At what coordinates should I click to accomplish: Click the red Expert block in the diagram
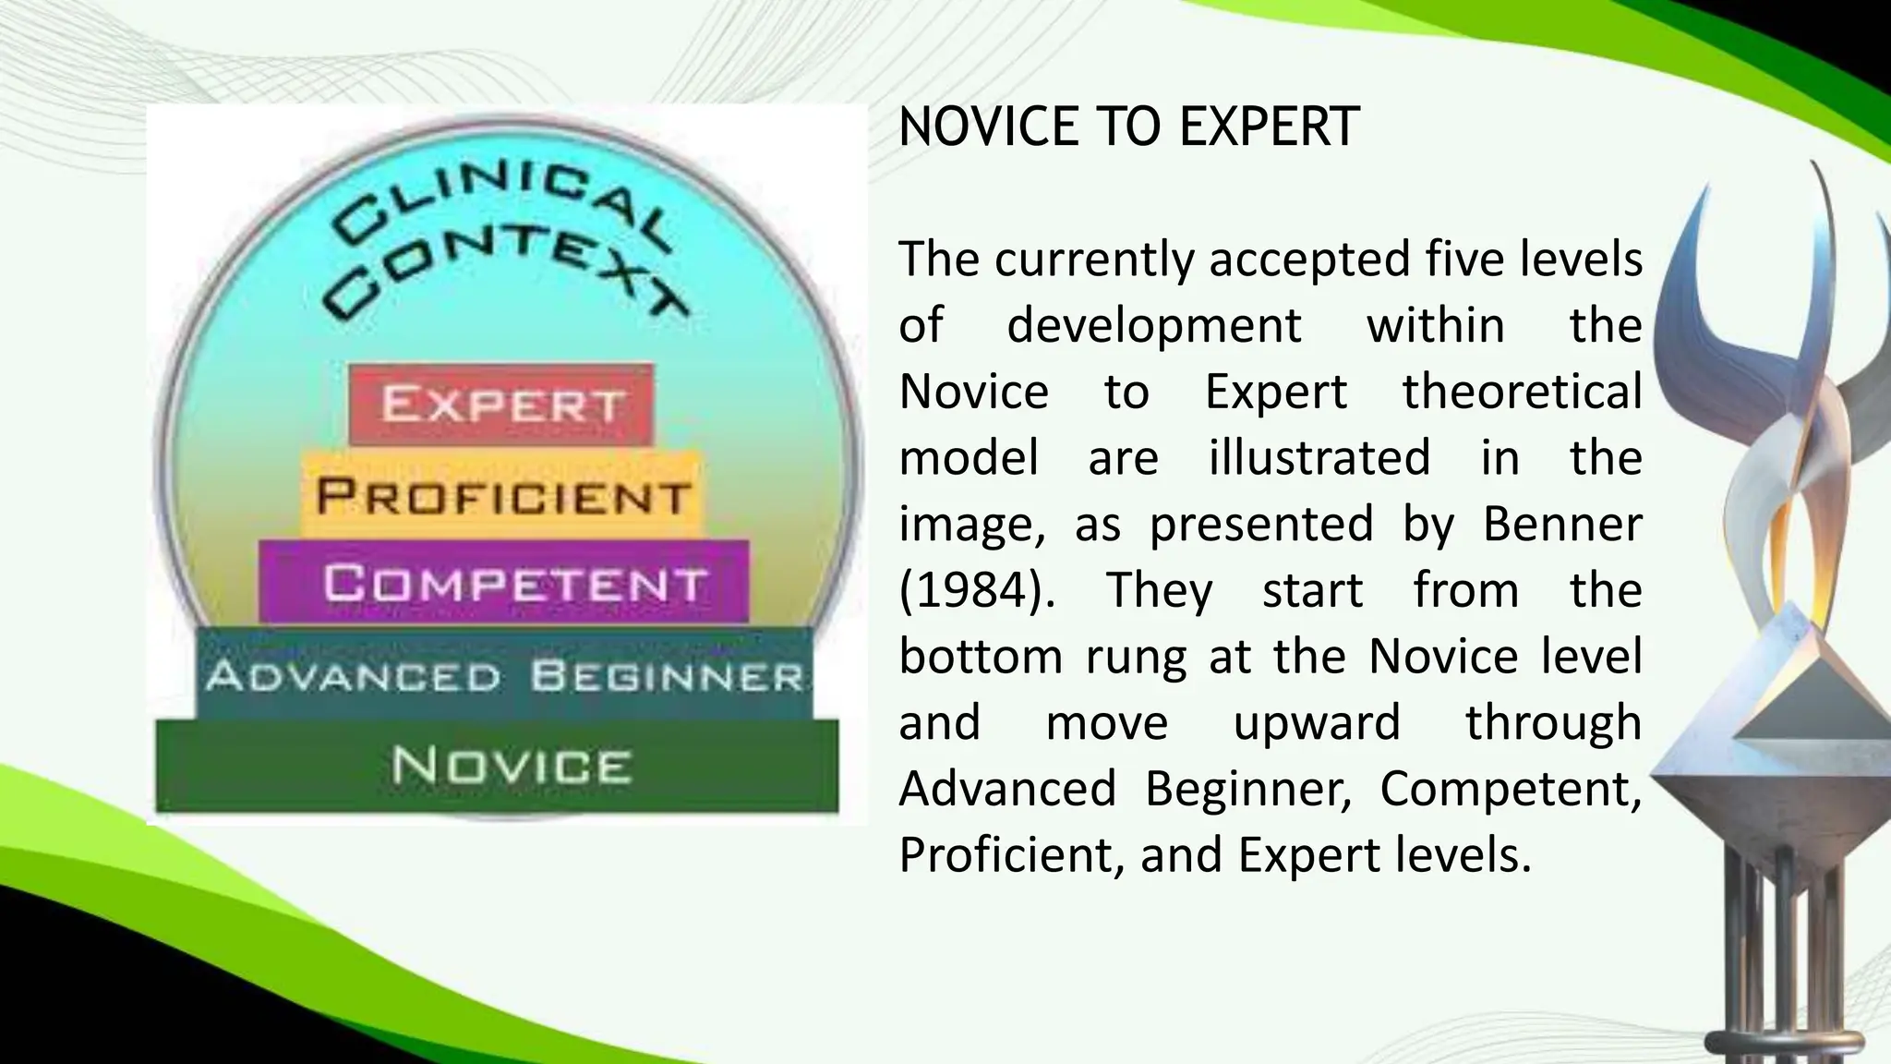[501, 405]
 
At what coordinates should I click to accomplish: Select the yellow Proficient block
[501, 496]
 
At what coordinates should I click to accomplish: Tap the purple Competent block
[504, 583]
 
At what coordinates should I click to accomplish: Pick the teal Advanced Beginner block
[504, 676]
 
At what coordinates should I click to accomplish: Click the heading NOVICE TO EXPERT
[1128, 127]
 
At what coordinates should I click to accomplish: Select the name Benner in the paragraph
[1562, 524]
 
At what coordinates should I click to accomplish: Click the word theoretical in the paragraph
[1522, 392]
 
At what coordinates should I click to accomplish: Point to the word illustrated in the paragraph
[1319, 458]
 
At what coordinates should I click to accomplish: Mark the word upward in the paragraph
[1317, 722]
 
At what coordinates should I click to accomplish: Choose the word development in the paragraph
[1154, 325]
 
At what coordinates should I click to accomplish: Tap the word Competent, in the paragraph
[1511, 789]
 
